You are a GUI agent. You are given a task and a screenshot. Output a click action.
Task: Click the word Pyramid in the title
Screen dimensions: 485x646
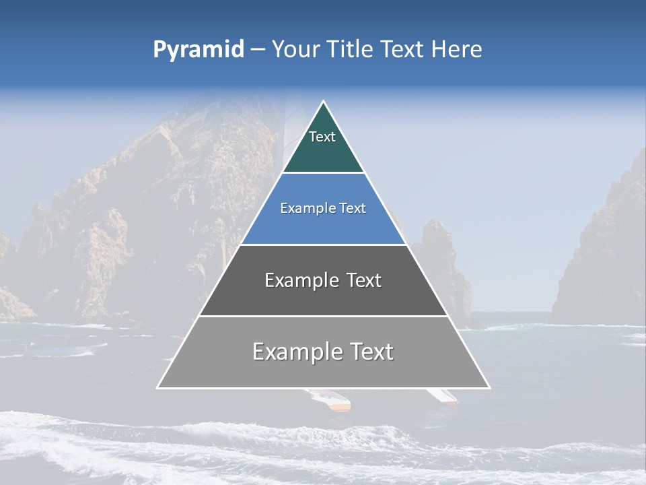[x=198, y=50]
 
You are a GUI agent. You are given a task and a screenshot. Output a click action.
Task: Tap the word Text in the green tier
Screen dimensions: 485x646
[x=322, y=137]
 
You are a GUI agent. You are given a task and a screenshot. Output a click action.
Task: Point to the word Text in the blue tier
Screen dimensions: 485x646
[x=353, y=209]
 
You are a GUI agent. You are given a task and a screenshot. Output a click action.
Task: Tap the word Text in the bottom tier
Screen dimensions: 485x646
[x=371, y=352]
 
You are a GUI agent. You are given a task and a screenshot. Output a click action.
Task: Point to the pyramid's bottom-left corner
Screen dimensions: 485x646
[x=158, y=387]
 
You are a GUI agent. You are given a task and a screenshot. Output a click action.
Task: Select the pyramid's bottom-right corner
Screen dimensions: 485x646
[x=489, y=387]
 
